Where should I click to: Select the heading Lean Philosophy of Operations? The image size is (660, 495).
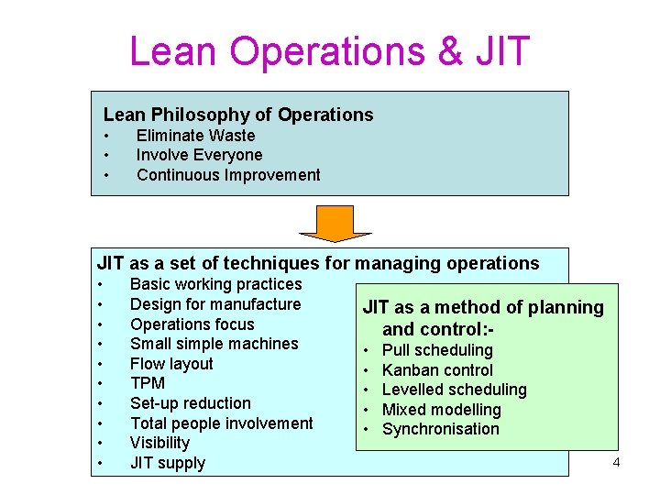[x=238, y=115]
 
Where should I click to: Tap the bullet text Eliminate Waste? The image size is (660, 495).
[x=195, y=136]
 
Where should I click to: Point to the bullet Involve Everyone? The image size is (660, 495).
[x=199, y=155]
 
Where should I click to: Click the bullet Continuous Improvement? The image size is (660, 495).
[x=228, y=175]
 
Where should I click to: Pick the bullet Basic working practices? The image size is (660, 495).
[x=215, y=284]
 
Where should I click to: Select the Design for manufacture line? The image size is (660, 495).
[x=215, y=304]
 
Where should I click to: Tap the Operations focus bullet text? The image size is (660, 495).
[x=192, y=324]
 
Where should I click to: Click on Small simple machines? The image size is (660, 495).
[x=214, y=344]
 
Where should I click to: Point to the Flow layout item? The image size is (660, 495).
[x=171, y=364]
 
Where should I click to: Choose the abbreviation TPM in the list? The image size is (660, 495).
[x=148, y=383]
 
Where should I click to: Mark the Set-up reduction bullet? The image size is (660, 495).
[x=190, y=403]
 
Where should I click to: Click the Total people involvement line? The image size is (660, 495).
[x=221, y=423]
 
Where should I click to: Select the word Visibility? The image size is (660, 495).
[x=159, y=443]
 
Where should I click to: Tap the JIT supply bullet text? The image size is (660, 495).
[x=168, y=463]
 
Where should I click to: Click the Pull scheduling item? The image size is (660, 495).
[x=437, y=350]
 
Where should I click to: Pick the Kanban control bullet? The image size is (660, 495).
[x=437, y=370]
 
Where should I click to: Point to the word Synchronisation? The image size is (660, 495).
[x=441, y=429]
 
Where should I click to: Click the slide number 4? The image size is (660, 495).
[x=616, y=462]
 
